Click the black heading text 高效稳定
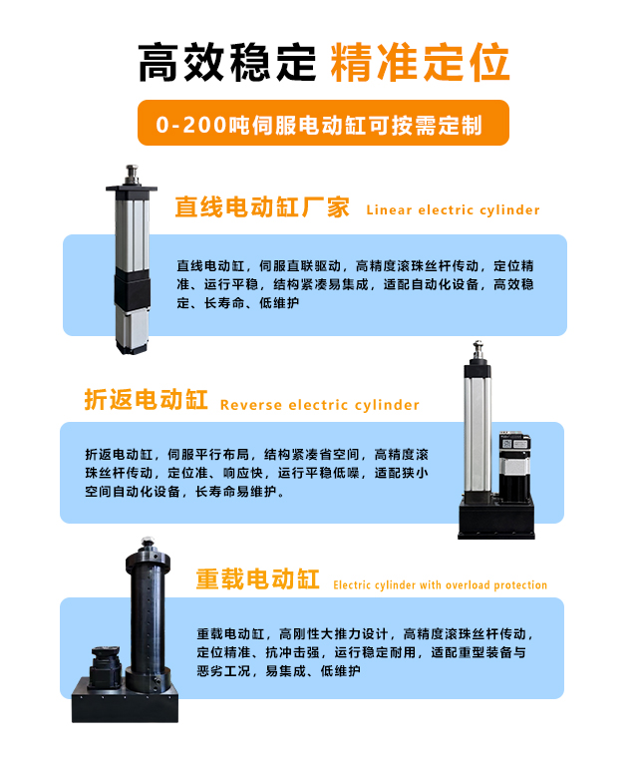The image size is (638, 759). point(225,62)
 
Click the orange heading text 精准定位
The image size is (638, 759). point(419,62)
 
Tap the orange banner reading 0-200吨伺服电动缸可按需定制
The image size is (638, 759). point(319,125)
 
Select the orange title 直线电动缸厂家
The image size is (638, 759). point(262,207)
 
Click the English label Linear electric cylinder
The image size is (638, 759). point(453,210)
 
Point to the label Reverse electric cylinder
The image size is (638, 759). point(319,405)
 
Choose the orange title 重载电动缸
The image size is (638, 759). point(257,579)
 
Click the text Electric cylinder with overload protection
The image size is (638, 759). point(440,585)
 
